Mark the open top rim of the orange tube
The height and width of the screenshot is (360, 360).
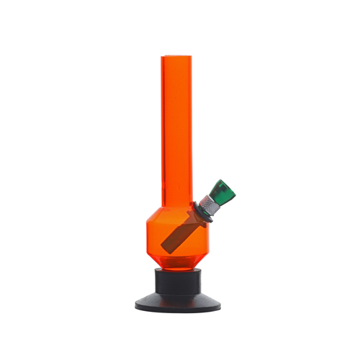tap(179, 57)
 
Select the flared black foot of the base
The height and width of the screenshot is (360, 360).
tap(179, 300)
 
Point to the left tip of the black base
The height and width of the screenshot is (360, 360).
tap(136, 305)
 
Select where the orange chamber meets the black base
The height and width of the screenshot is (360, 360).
tap(179, 266)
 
